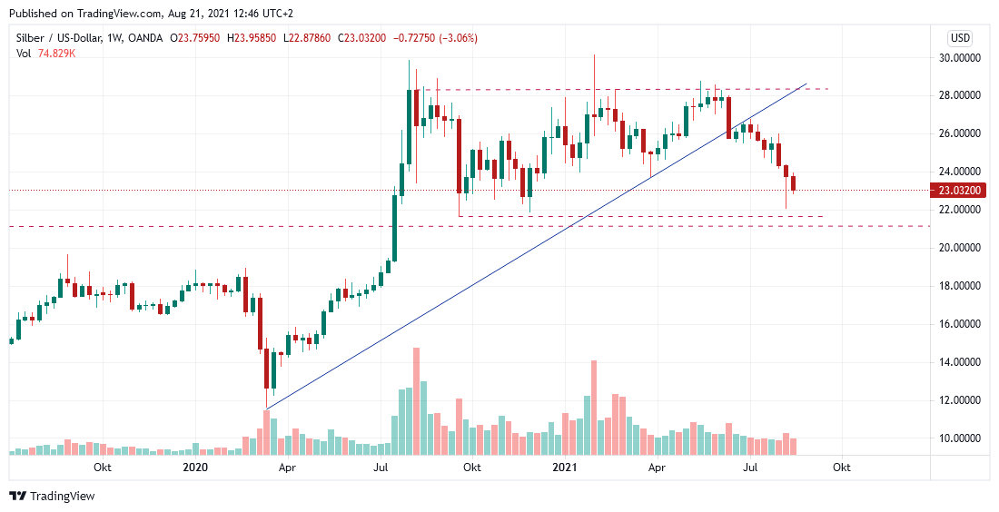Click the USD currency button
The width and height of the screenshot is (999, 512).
[960, 38]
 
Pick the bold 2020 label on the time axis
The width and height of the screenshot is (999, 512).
[195, 468]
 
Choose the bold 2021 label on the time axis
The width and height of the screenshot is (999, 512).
[565, 468]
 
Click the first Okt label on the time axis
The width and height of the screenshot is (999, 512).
[103, 468]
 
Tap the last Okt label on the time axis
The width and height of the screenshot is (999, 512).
[842, 468]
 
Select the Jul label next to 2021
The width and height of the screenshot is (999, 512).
[750, 468]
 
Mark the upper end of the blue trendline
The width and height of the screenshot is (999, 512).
[806, 84]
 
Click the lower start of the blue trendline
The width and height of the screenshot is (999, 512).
[266, 408]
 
